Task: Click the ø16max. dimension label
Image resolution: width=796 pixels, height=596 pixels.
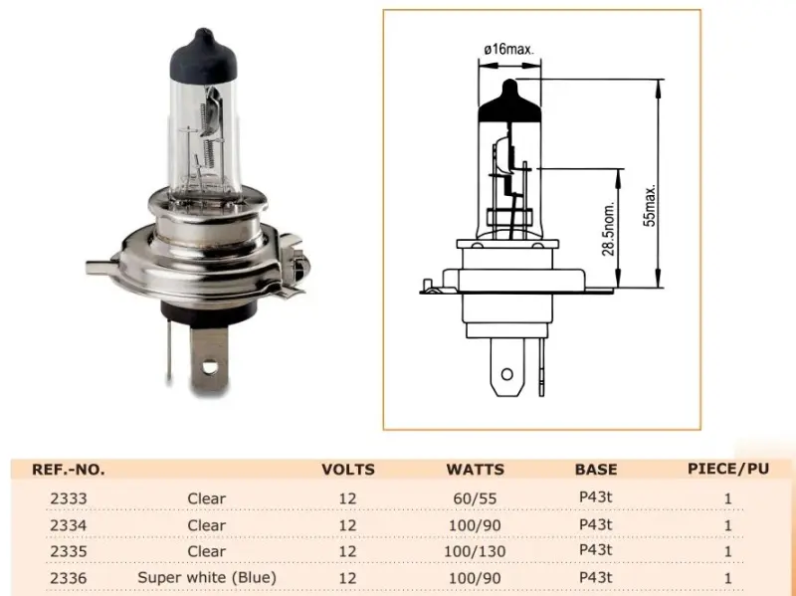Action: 508,49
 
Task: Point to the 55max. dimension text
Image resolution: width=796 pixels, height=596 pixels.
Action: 650,205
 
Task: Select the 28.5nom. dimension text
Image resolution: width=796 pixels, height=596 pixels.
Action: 609,229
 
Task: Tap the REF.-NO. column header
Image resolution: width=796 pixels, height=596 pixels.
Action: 69,470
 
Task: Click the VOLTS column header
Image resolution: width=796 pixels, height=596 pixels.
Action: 348,470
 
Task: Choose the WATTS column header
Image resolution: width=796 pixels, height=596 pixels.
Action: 476,470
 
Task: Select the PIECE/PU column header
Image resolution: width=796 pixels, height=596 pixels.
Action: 728,469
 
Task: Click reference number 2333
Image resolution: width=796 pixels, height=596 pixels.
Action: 69,498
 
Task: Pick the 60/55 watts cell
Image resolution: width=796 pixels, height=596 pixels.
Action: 475,498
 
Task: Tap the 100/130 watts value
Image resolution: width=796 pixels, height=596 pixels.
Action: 475,551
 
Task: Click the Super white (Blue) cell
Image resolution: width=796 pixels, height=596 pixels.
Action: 207,578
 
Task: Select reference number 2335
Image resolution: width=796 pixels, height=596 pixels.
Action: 69,551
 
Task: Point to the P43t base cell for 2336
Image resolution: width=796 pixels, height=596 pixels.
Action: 595,577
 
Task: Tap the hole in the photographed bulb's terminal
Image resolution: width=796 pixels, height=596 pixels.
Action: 209,366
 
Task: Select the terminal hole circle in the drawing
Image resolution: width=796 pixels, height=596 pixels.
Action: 506,375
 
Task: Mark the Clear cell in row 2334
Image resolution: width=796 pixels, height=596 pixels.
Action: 207,525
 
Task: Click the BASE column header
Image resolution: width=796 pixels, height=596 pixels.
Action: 596,470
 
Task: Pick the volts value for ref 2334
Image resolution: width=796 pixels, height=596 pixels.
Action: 347,525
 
